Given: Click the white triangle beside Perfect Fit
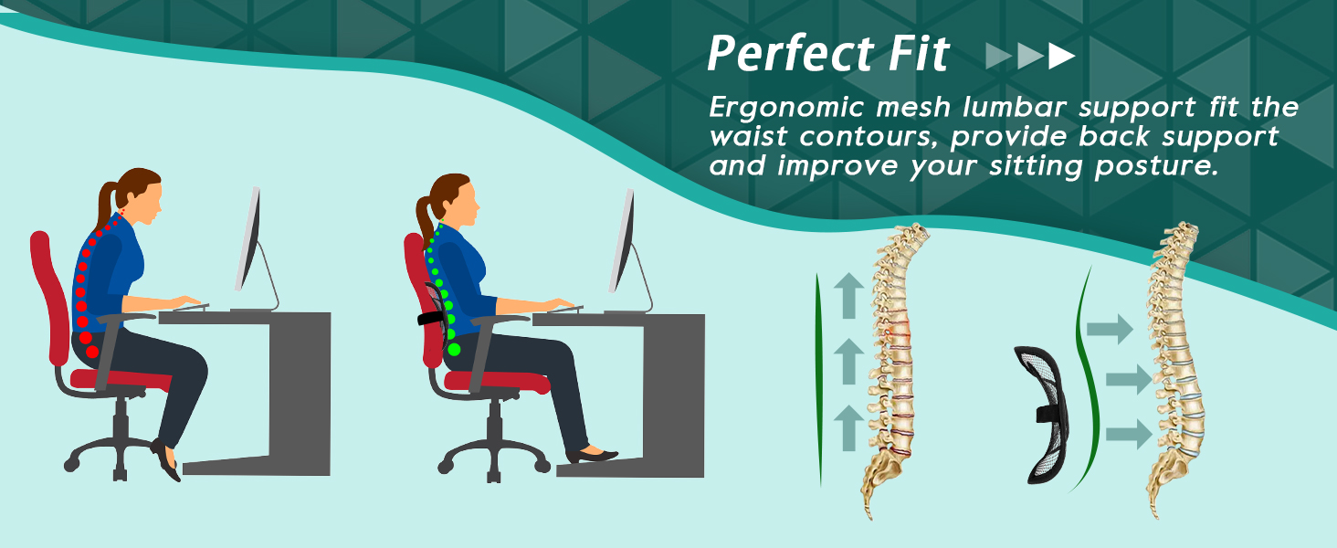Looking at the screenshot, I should click(1061, 57).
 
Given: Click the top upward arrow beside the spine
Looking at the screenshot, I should click(848, 297).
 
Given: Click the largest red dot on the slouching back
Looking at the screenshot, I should click(91, 352).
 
